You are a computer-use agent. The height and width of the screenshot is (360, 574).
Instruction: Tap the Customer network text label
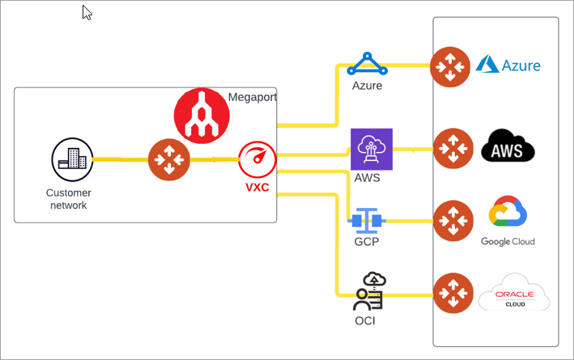[69, 199]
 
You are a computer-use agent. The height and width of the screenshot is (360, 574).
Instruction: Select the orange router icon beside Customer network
[168, 159]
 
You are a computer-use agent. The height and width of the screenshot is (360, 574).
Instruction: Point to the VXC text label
[257, 188]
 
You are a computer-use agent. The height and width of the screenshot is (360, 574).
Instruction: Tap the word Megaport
[253, 97]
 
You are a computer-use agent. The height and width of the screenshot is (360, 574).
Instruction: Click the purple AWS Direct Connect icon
[371, 150]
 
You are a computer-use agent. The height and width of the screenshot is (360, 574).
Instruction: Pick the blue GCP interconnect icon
[367, 219]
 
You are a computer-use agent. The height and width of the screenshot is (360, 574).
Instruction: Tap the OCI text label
[364, 321]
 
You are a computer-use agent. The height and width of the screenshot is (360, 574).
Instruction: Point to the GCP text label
[367, 241]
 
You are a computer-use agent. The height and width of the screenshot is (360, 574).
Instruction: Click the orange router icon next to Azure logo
[450, 66]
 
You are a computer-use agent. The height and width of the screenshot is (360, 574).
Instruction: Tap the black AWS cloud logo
[508, 148]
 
